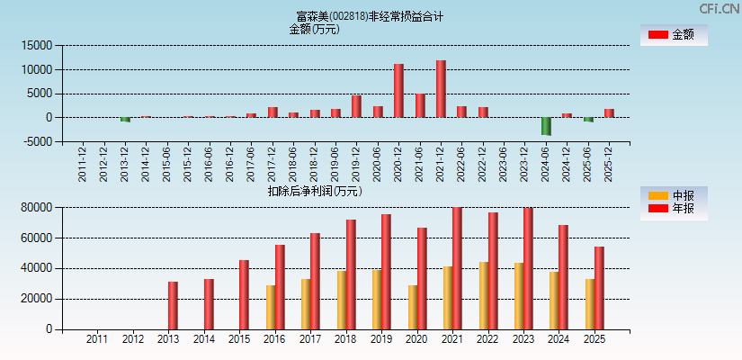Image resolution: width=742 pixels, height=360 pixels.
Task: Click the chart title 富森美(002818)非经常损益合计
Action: (x=370, y=16)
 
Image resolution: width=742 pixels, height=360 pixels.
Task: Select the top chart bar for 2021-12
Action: (x=441, y=88)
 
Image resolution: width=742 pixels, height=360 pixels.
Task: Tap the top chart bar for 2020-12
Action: (x=398, y=90)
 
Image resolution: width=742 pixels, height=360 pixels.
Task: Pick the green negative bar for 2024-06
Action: (x=546, y=126)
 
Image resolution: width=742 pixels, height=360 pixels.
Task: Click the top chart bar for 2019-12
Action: (x=356, y=106)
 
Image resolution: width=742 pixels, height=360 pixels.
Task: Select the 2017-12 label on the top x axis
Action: (x=272, y=165)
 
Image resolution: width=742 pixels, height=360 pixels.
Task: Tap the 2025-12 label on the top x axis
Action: (x=609, y=165)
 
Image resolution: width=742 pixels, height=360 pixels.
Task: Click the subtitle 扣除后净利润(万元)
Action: (x=314, y=191)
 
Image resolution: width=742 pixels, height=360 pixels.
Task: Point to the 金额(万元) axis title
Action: (x=314, y=29)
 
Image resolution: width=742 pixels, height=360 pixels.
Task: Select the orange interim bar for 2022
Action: (x=484, y=295)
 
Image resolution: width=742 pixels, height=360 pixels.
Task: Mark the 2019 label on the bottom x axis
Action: (x=381, y=340)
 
